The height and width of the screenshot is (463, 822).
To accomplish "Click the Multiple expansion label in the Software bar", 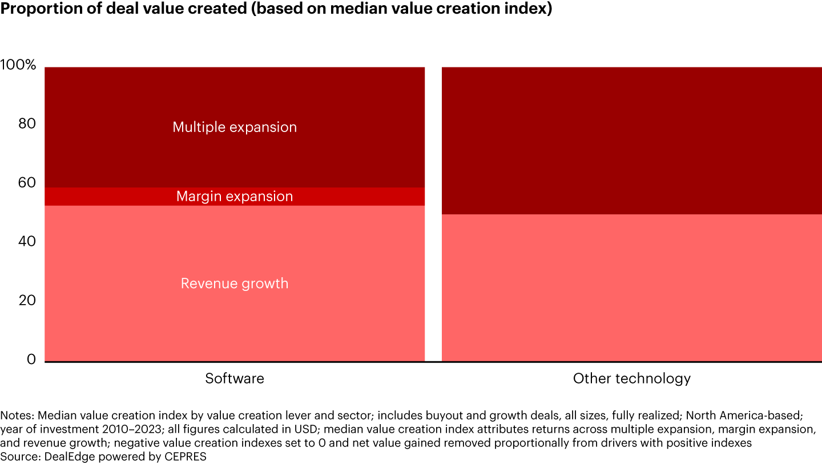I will click(235, 127).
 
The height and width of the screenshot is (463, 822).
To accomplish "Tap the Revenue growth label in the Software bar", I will click(235, 284).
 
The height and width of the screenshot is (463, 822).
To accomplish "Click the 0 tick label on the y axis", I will click(32, 360).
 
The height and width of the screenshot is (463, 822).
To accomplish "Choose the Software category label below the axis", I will click(235, 378).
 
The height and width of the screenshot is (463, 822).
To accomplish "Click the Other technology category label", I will click(632, 378).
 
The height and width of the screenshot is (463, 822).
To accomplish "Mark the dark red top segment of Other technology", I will click(632, 141).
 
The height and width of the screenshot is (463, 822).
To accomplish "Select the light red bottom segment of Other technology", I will click(632, 288).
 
